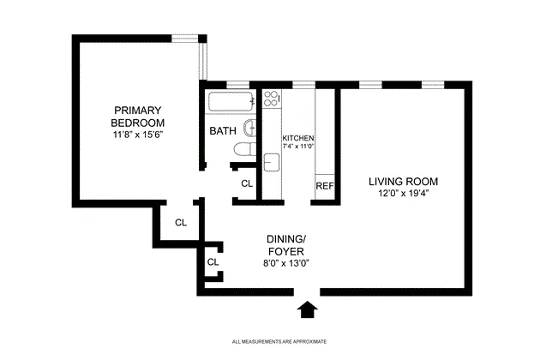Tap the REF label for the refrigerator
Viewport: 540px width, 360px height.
324,186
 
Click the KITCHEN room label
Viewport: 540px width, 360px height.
298,138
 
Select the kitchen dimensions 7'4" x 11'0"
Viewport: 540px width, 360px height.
299,147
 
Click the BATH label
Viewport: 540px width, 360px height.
223,131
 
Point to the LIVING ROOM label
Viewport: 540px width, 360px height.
403,182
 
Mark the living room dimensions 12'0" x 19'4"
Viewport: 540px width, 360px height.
403,194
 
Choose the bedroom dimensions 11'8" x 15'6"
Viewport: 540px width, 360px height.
136,135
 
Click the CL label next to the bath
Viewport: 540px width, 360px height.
247,183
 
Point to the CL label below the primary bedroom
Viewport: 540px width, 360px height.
180,222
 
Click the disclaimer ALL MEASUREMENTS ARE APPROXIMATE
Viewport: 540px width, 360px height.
279,341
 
